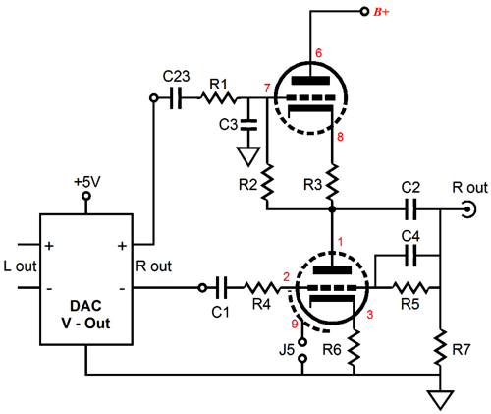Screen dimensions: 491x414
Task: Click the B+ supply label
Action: click(x=381, y=12)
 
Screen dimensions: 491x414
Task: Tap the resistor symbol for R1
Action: click(x=218, y=97)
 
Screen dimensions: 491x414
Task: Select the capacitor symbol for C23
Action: click(x=176, y=97)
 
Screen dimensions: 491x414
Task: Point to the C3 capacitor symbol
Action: click(x=248, y=125)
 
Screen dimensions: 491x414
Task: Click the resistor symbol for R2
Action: click(x=267, y=183)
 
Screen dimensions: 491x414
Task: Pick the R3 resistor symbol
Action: click(x=332, y=183)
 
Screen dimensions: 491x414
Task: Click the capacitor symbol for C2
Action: click(x=410, y=208)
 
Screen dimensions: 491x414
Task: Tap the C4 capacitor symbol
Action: click(x=410, y=256)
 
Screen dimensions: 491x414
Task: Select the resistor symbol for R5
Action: click(x=410, y=288)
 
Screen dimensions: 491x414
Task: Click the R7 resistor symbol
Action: click(x=440, y=348)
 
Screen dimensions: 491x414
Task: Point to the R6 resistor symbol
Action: click(x=354, y=348)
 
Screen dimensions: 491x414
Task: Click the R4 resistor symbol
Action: click(x=262, y=288)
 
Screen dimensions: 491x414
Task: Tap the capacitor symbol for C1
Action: click(x=221, y=288)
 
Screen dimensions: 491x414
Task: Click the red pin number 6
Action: click(x=318, y=53)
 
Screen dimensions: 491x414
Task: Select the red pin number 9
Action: click(x=295, y=324)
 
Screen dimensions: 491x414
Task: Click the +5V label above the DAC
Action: click(x=87, y=182)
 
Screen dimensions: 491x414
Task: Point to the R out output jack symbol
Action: click(x=469, y=209)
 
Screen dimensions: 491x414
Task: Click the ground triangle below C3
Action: click(x=248, y=156)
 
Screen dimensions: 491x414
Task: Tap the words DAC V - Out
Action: click(x=85, y=315)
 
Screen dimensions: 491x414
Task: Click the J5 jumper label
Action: click(x=287, y=350)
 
